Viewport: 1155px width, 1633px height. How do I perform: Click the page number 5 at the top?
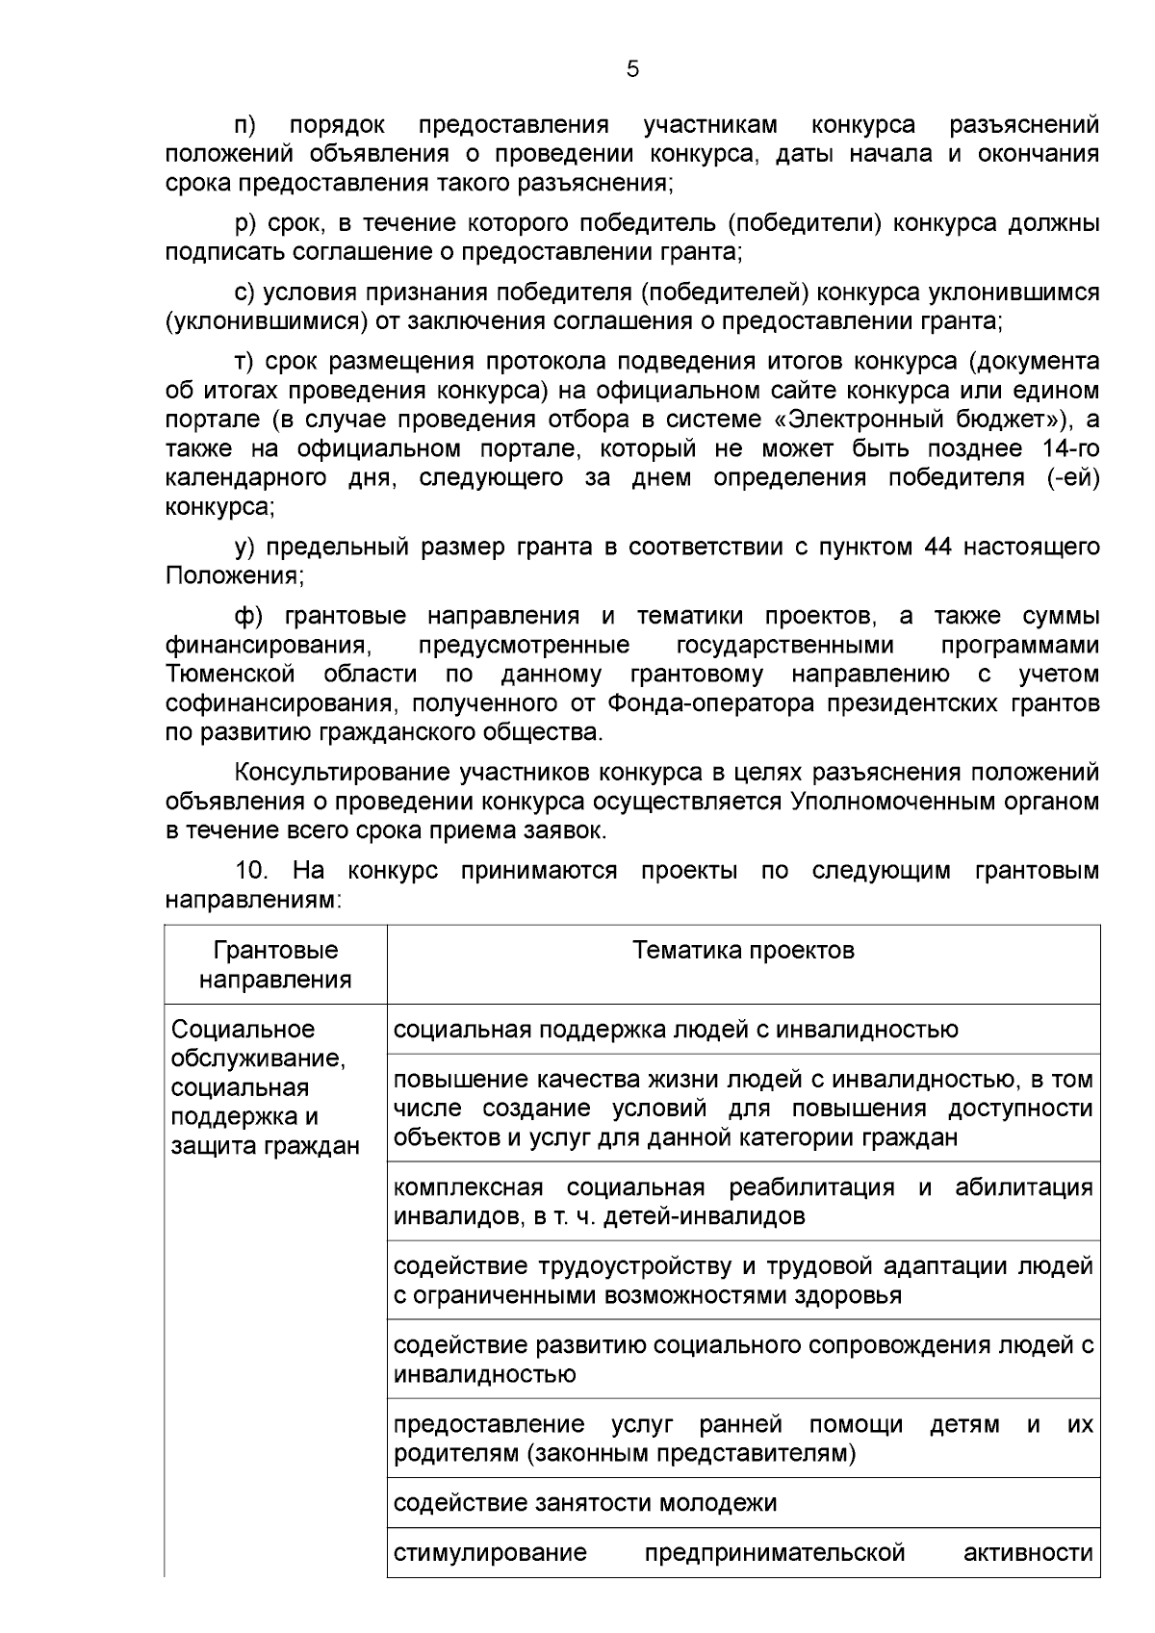632,69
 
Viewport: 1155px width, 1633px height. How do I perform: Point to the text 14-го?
1070,448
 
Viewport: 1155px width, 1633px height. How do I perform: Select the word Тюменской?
230,674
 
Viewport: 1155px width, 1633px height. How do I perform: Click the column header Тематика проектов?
743,951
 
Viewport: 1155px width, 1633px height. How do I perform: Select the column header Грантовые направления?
275,965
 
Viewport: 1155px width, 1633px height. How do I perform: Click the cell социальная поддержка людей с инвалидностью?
676,1030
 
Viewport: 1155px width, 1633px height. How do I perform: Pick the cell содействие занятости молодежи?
585,1503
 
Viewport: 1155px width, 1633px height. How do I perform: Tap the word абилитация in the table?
1023,1186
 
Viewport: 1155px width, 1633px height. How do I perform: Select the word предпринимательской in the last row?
775,1553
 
